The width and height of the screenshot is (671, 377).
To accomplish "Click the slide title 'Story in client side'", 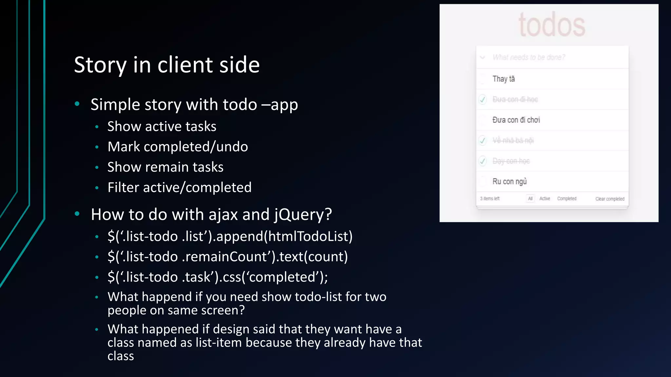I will click(167, 64).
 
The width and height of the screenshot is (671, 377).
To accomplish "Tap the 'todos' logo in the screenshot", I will click(552, 25).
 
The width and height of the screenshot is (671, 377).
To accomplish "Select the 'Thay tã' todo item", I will click(504, 79).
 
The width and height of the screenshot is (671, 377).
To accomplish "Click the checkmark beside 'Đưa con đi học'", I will click(483, 99).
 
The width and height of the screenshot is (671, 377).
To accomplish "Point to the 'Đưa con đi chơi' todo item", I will click(516, 120).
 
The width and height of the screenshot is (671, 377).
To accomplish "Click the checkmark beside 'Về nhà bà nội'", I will click(483, 141).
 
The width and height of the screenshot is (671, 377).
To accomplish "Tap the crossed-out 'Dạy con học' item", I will click(511, 161).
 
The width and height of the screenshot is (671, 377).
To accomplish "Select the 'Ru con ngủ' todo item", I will click(509, 181).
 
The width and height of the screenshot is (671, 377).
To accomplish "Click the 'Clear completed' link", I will click(610, 199).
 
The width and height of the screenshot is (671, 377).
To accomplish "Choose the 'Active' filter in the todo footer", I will click(545, 199).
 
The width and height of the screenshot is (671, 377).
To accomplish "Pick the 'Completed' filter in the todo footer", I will click(566, 199).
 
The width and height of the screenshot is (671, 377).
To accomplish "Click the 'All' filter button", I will click(530, 199).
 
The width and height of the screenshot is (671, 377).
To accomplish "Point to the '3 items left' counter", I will click(490, 199).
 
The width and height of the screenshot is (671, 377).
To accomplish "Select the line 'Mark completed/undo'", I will click(178, 147).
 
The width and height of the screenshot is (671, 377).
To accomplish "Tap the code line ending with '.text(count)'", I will click(228, 257).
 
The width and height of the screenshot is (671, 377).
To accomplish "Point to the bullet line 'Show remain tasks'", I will click(165, 167).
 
